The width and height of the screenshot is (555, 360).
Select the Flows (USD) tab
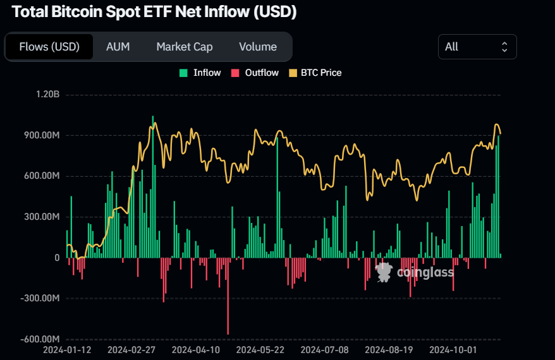click(49, 47)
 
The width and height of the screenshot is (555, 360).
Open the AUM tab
click(118, 47)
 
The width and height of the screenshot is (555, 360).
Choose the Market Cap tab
click(185, 47)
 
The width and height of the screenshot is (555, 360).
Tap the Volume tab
click(258, 47)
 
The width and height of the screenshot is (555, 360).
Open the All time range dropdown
click(477, 47)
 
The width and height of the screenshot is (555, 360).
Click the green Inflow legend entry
click(200, 73)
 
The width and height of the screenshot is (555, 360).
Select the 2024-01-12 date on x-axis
click(66, 349)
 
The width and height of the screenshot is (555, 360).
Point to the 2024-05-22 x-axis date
click(260, 349)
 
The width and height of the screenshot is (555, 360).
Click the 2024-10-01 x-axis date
click(453, 349)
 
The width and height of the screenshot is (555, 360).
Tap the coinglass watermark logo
click(415, 272)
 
